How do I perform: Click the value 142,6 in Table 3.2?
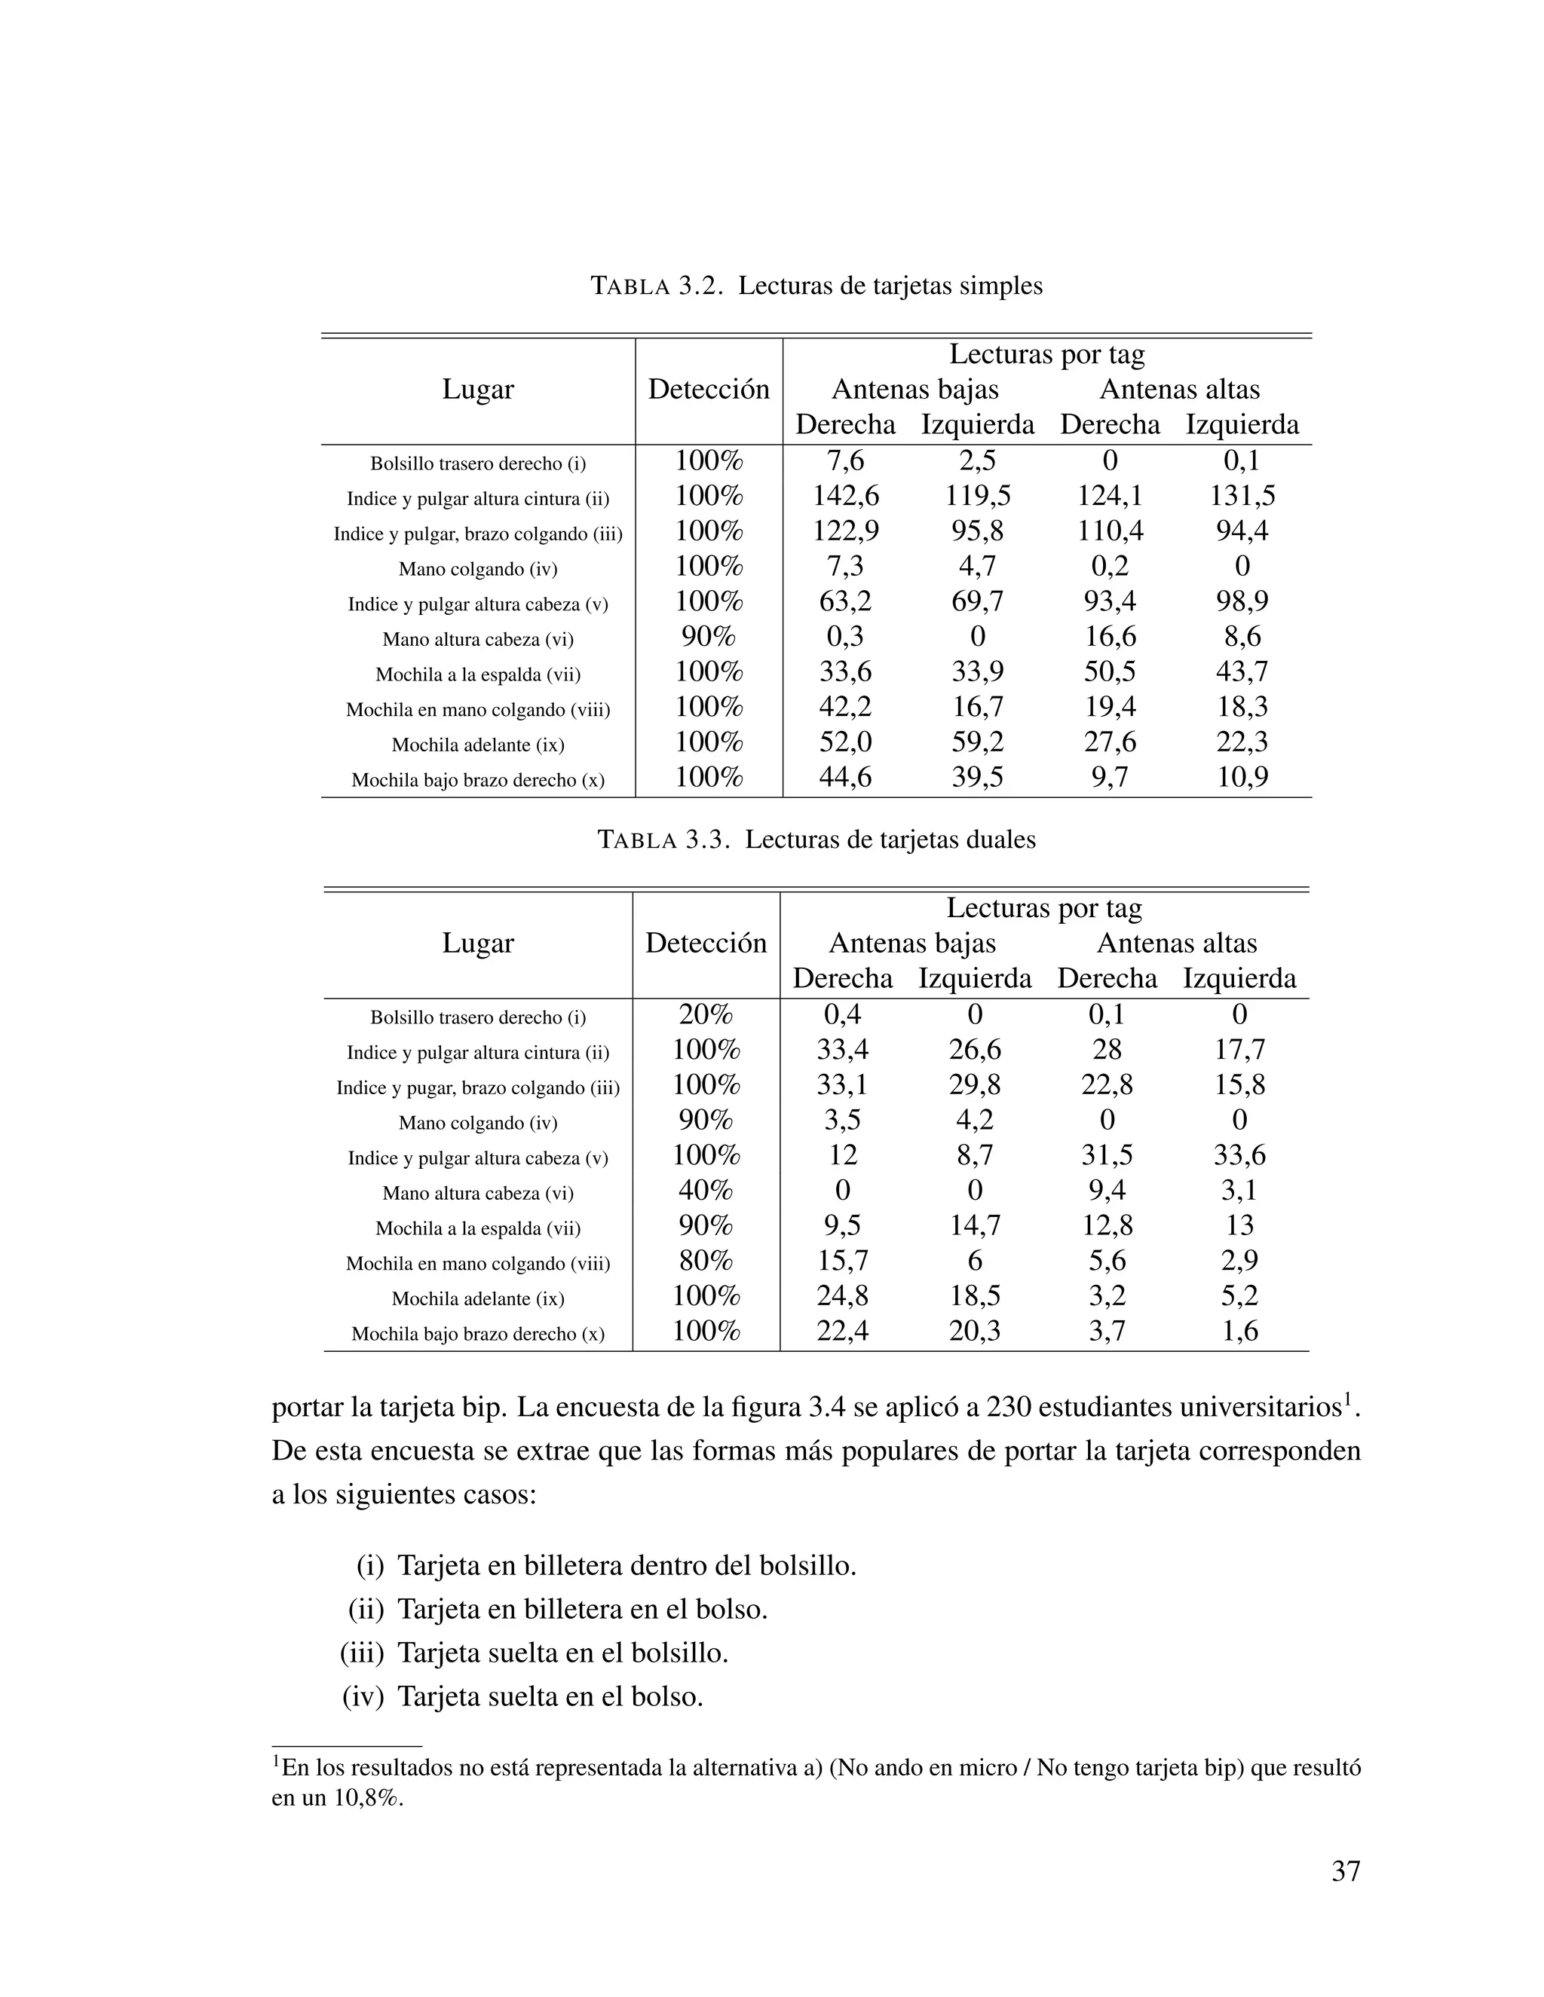[x=845, y=497]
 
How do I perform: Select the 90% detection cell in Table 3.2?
[x=708, y=637]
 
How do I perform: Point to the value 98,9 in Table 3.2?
[x=1241, y=601]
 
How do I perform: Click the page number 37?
[x=1345, y=1872]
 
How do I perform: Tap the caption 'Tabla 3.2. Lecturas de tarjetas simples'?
[x=816, y=286]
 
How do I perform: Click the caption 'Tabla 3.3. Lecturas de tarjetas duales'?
[x=816, y=839]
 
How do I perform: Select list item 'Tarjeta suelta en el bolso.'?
[x=550, y=1697]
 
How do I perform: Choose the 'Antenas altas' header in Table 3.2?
[x=1178, y=390]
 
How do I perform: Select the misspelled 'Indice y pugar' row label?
[x=477, y=1088]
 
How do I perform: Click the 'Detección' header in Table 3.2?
[x=708, y=390]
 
